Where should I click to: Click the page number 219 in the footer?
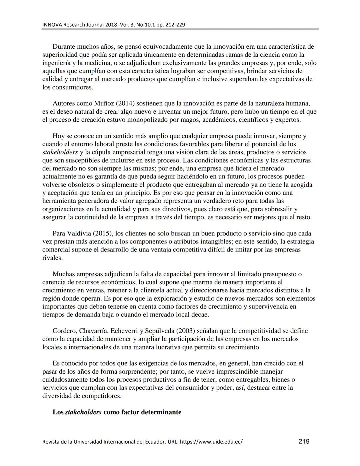304,441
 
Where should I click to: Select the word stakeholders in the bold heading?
83,412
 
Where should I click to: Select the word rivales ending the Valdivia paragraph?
52,258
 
